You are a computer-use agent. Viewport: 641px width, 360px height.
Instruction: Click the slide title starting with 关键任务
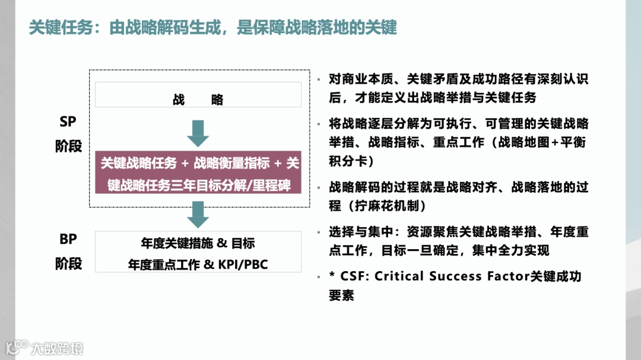point(212,28)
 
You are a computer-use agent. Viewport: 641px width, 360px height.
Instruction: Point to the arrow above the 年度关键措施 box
point(198,215)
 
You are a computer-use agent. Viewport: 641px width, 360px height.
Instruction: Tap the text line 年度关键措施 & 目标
point(198,244)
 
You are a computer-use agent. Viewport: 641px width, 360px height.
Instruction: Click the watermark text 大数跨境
point(58,348)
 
